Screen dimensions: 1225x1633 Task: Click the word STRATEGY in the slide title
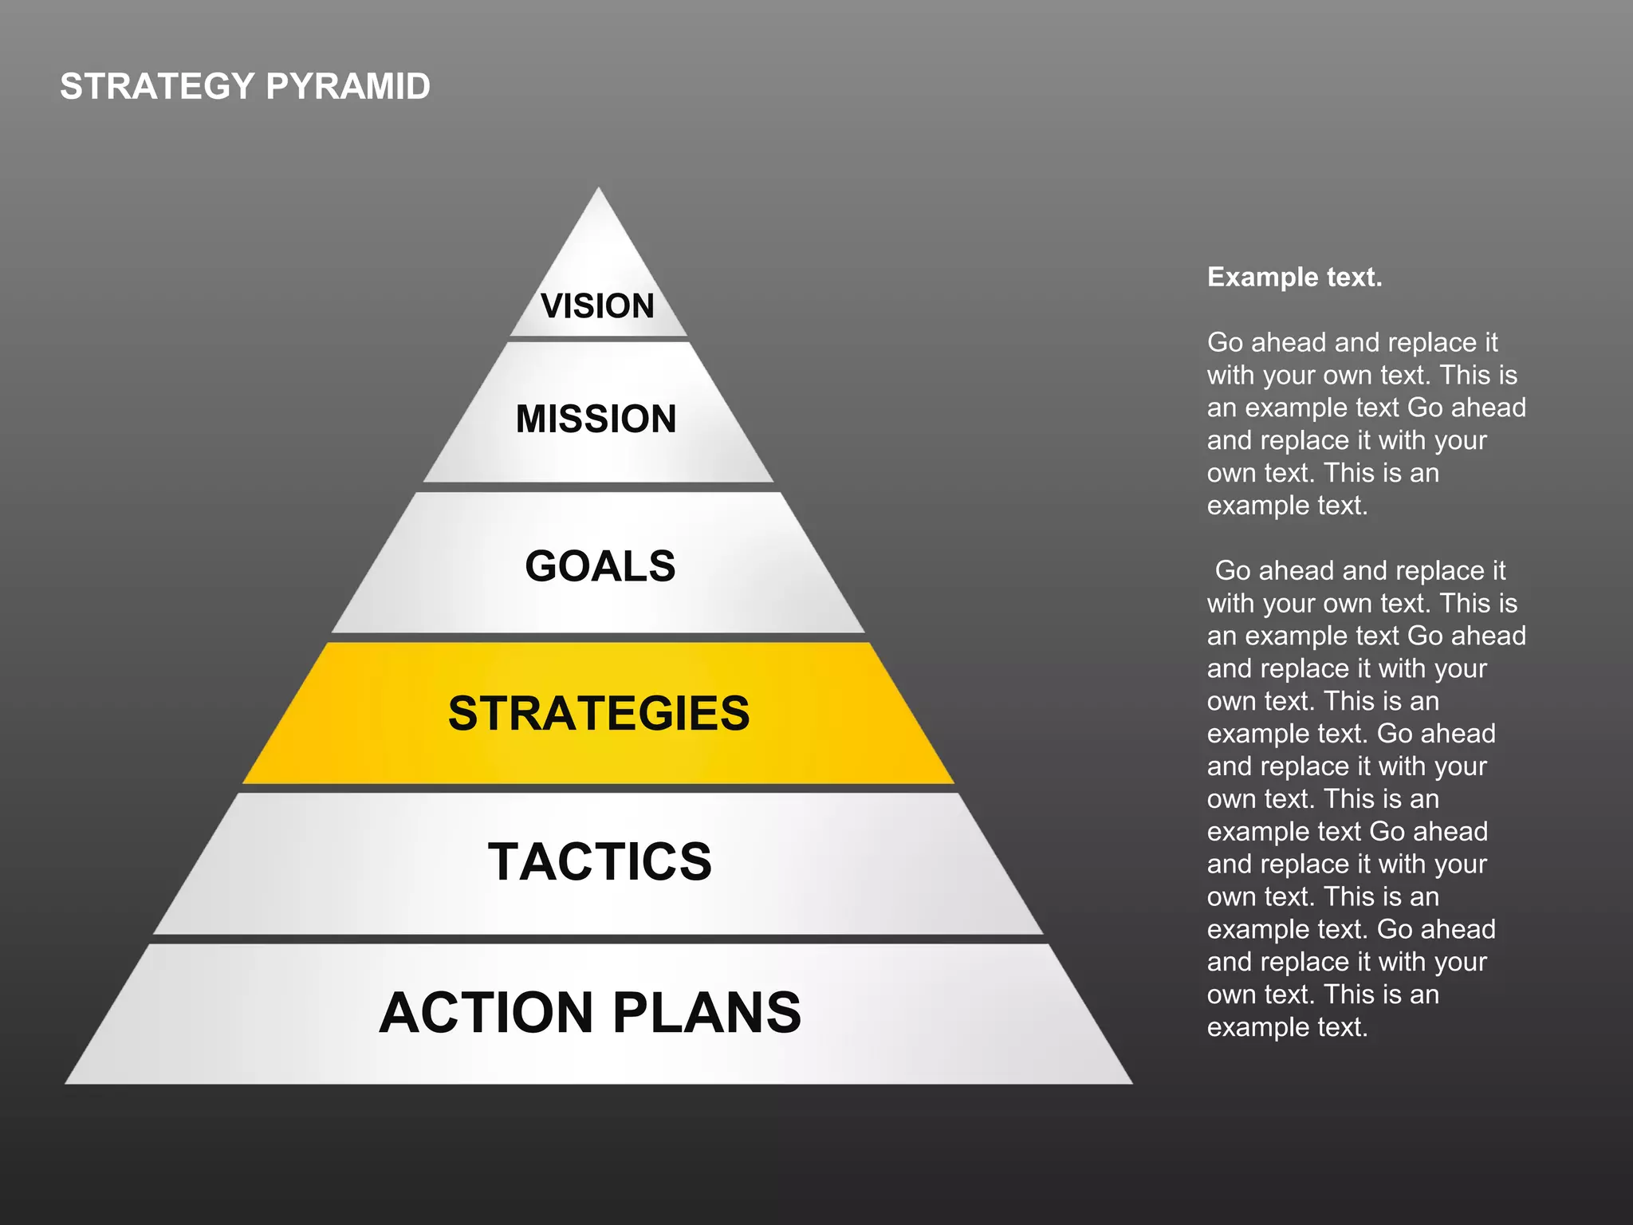coord(156,86)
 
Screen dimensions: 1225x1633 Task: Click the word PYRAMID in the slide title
coord(348,86)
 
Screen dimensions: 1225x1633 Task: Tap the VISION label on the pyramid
coord(597,306)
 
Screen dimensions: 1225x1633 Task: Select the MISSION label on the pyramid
coord(596,419)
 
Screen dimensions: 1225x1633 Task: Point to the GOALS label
coord(600,566)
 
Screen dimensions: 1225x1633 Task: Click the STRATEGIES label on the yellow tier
coord(598,713)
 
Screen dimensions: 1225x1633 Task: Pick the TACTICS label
coord(599,861)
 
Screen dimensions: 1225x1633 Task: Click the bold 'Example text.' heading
coord(1294,277)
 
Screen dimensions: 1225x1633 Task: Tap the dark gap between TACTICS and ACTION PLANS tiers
coord(598,939)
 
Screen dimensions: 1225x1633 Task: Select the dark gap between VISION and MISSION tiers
coord(598,339)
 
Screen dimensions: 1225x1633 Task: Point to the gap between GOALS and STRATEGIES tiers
coord(598,638)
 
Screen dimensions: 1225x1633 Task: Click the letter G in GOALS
coord(542,566)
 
